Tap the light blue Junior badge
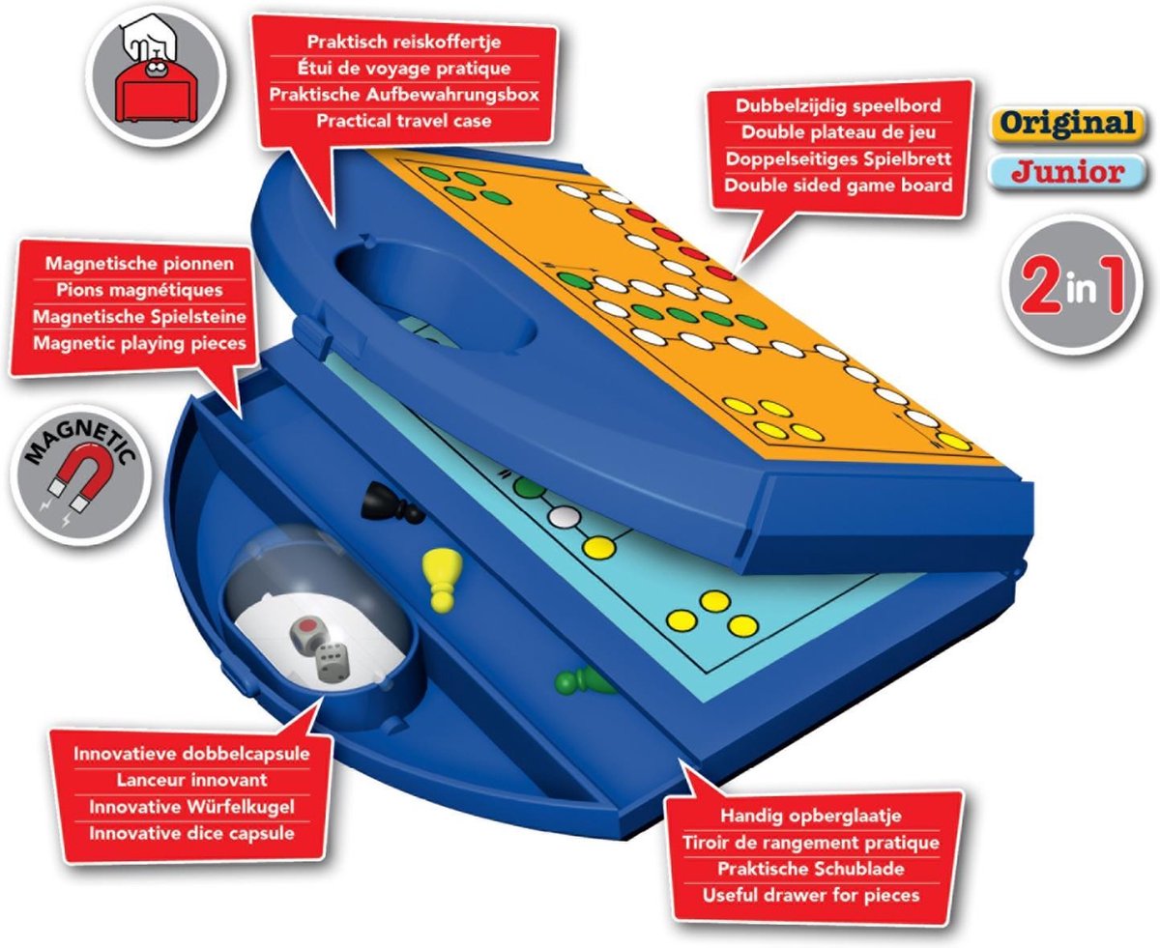coord(1068,172)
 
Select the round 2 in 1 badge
coord(1072,285)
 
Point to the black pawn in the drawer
coord(391,503)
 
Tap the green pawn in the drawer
coord(584,680)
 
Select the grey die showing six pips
coord(333,662)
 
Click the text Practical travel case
coord(404,121)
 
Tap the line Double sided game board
coord(838,186)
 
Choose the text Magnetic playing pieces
coord(139,344)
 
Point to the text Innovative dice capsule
coord(192,833)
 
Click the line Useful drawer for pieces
coord(811,895)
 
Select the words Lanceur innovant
coord(192,780)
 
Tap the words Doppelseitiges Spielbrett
coord(838,158)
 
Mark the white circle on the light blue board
coord(564,517)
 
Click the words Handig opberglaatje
coord(811,816)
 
